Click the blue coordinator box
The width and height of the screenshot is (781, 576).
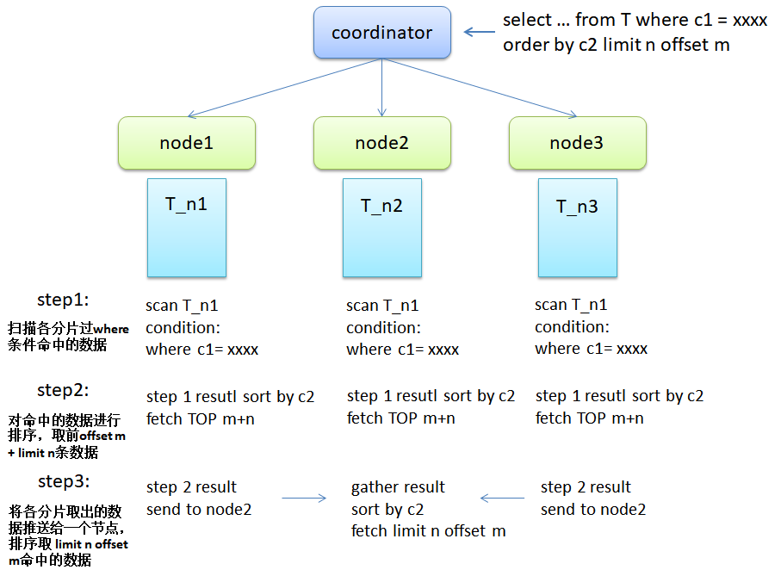(382, 33)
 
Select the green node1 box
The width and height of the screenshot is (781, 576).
(187, 143)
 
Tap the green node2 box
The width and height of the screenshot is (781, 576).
(382, 143)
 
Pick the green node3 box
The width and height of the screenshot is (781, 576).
(578, 143)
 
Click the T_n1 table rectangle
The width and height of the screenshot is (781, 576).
(187, 227)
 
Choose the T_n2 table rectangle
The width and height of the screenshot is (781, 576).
(382, 227)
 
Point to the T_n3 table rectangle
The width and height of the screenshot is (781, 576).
(578, 227)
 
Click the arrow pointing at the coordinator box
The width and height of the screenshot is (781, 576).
(479, 32)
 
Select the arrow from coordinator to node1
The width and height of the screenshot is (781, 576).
(284, 88)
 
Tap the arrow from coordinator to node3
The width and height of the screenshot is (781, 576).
(480, 88)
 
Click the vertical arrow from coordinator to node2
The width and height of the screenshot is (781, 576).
(382, 88)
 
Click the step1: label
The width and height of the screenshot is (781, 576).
(63, 300)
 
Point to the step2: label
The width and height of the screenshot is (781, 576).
(63, 390)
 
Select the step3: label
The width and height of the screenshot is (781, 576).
(64, 481)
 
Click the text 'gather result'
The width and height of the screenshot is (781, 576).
(398, 486)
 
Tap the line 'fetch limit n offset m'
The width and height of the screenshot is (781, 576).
(428, 530)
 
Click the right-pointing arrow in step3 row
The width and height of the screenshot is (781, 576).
(304, 498)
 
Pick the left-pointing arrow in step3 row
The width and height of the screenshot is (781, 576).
(502, 498)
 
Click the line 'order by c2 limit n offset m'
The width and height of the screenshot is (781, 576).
(617, 45)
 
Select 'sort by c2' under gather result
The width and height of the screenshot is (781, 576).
(387, 510)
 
